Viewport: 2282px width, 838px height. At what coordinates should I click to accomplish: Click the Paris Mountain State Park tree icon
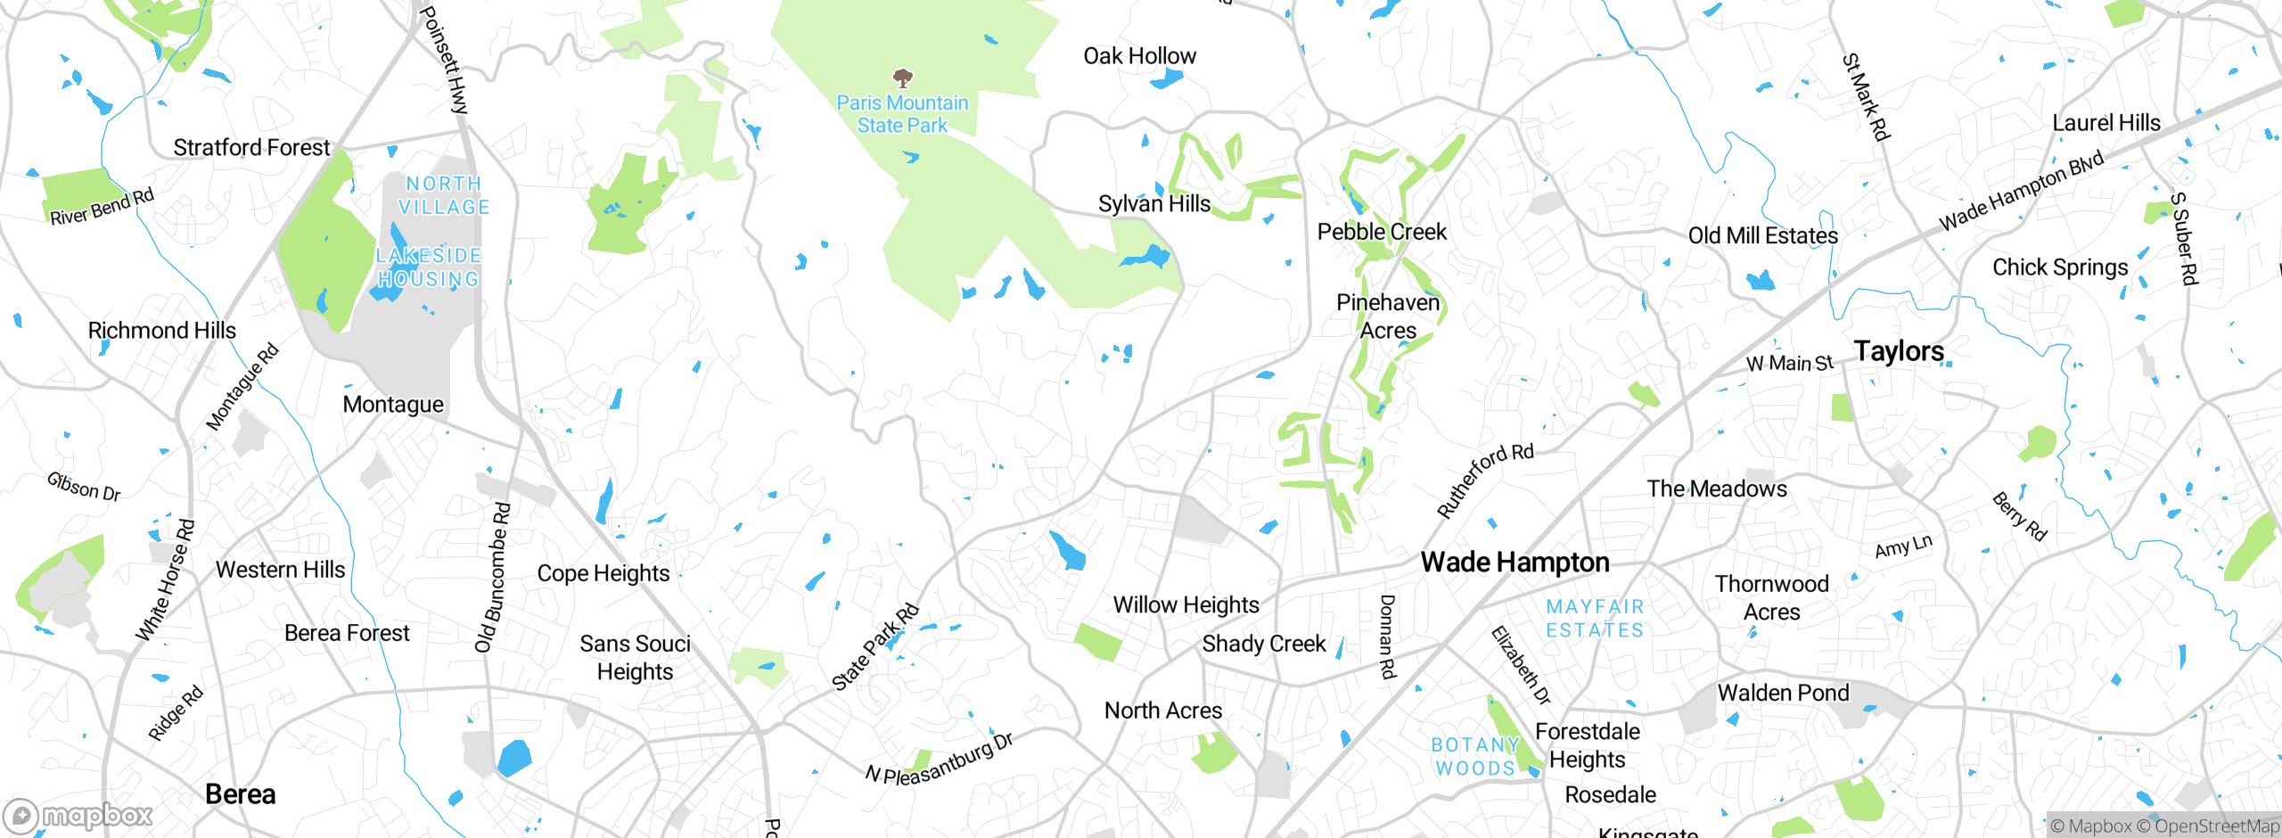902,78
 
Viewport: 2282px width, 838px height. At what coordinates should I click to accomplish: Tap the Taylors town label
1899,351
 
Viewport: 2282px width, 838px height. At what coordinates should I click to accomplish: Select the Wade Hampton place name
1514,563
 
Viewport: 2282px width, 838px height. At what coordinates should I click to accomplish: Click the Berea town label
240,794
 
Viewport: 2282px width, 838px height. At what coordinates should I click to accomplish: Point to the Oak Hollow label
1139,56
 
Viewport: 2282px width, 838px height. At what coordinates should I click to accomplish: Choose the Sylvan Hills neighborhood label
1153,204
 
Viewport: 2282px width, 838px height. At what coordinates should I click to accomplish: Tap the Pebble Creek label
1382,232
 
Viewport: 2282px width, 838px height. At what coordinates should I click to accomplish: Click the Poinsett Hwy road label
444,59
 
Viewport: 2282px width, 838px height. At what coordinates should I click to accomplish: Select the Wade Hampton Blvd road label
2021,191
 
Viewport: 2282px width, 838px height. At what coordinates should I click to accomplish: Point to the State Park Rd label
874,647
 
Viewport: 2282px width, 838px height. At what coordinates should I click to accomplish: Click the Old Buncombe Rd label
493,578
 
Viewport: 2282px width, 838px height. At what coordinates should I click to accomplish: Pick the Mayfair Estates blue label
1594,619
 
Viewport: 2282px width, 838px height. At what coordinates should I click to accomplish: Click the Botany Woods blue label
1474,756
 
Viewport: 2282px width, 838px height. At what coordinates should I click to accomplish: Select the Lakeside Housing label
428,267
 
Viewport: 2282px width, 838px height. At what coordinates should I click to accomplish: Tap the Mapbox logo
78,816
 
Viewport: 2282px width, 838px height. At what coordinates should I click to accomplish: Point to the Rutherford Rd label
1484,481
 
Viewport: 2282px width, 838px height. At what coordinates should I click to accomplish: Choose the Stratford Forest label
251,148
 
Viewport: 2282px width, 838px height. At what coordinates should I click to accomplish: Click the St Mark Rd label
1865,97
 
